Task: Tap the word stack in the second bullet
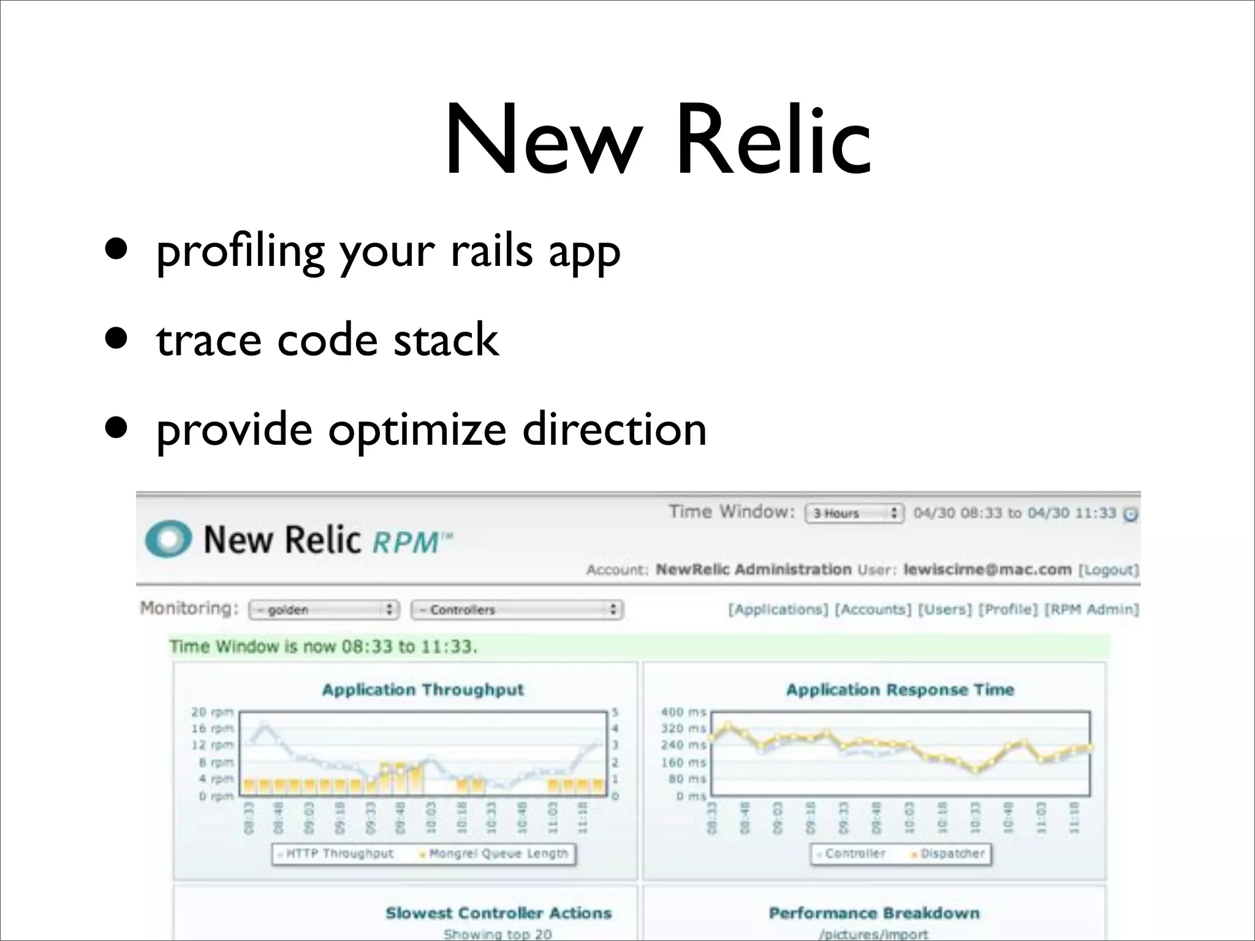[446, 341]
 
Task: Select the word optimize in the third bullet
[417, 430]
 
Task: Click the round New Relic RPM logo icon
[168, 538]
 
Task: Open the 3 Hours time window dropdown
[854, 513]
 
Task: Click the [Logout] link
[1108, 570]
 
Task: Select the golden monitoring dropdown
[324, 610]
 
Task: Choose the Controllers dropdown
[517, 610]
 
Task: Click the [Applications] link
[778, 610]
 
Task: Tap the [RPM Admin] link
[1091, 610]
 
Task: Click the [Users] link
[944, 610]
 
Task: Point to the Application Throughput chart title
[423, 690]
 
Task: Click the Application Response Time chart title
[900, 690]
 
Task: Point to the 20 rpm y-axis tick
[212, 712]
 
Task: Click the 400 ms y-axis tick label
[683, 712]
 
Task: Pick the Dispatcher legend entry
[952, 853]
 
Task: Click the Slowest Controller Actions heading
[498, 913]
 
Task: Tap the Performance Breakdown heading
[874, 913]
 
